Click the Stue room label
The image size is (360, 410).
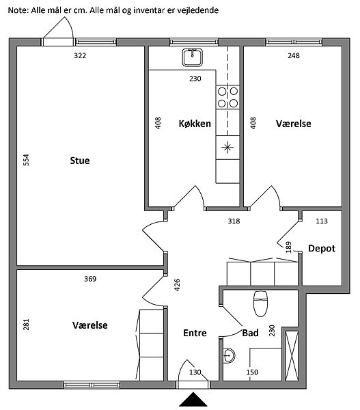pos(80,161)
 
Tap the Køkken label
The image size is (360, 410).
pos(195,124)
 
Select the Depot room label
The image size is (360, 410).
pos(322,248)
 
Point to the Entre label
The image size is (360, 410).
pos(195,333)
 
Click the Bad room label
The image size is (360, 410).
pos(250,333)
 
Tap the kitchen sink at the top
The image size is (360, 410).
pos(193,57)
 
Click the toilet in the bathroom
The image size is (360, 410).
pos(261,303)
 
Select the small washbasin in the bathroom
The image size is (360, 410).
pos(229,355)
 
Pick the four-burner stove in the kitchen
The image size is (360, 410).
pos(227,97)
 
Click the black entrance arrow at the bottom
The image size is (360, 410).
pos(193,399)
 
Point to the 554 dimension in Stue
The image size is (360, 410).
pos(26,160)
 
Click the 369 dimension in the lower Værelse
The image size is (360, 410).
pos(90,279)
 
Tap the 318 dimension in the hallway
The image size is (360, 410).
pos(234,221)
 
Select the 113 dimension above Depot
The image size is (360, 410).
pos(322,221)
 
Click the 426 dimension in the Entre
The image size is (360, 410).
pos(177,285)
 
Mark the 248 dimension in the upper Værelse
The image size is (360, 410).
pos(294,55)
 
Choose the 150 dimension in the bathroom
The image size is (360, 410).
pos(252,372)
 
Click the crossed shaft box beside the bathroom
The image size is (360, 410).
pos(292,356)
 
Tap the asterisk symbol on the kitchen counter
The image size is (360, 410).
pos(227,147)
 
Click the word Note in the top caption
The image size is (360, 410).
pos(18,10)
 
